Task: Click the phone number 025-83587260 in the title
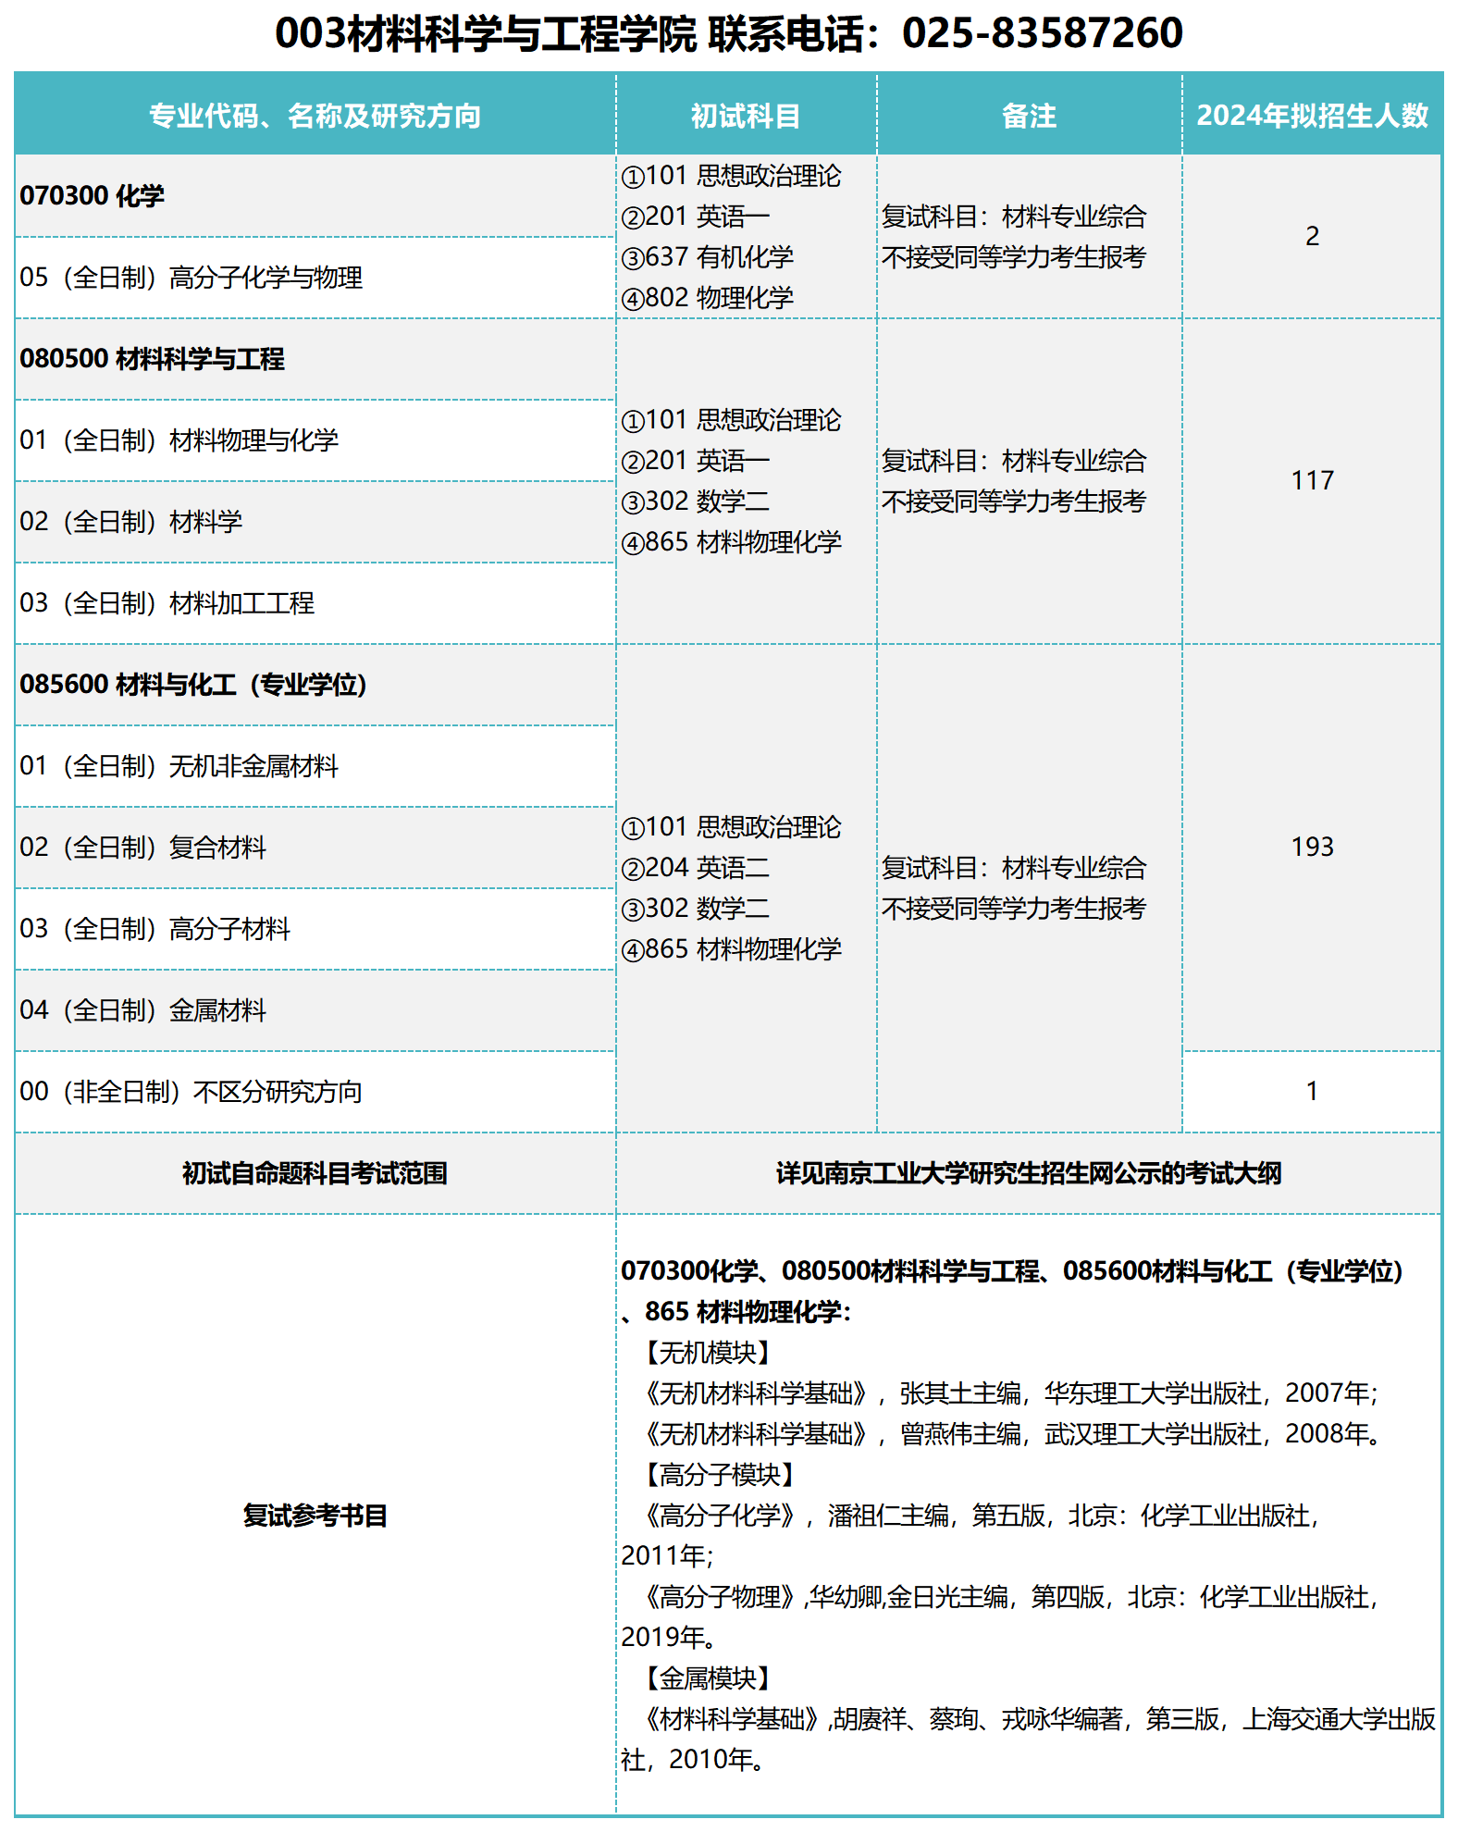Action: (1042, 33)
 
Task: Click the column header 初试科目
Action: (746, 116)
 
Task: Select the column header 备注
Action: (1029, 116)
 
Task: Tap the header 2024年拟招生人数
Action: (1312, 116)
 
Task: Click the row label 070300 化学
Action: (93, 196)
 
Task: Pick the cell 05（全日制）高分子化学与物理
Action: (192, 278)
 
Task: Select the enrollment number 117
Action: (1312, 481)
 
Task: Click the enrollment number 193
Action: (1312, 848)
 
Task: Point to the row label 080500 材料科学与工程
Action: (153, 359)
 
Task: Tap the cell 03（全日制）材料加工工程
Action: (167, 603)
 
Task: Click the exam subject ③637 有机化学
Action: (708, 257)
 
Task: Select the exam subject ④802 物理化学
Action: (708, 298)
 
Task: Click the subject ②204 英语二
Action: (696, 868)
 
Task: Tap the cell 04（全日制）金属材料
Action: (143, 1010)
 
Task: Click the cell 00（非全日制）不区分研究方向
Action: (192, 1092)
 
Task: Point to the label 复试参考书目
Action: (315, 1516)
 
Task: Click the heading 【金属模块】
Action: (707, 1678)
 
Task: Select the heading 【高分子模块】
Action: (719, 1475)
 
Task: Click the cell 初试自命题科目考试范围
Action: (315, 1173)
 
